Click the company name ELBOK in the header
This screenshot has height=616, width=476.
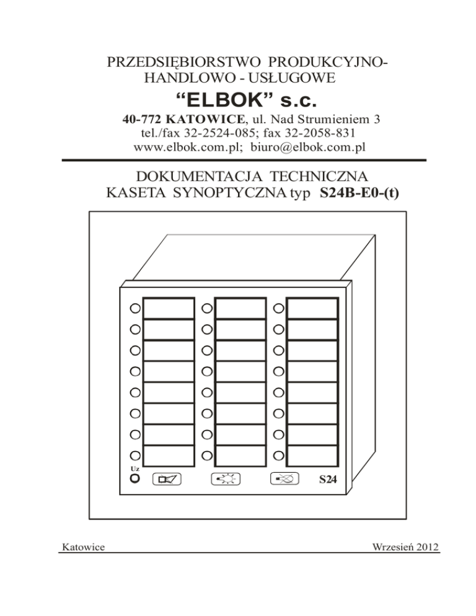coord(224,100)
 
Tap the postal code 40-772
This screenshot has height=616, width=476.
coord(142,119)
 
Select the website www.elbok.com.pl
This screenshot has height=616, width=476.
coord(187,147)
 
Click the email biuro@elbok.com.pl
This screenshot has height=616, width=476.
coord(308,147)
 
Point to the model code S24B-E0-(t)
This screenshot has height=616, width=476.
coord(359,193)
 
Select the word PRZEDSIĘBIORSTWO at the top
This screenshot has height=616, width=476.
coord(183,62)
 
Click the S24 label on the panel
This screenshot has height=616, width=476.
coord(328,479)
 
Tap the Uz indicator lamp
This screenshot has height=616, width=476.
coord(135,478)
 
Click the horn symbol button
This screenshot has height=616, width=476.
coord(167,479)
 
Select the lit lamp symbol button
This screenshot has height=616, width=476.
coord(226,479)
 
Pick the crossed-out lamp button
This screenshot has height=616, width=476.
coord(284,478)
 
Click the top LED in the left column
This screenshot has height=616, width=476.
coord(135,309)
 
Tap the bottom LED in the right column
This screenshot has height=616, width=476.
coord(278,455)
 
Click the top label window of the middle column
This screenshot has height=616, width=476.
coord(240,309)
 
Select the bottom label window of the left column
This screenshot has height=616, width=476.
coord(169,455)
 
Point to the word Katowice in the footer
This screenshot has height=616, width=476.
coord(83,547)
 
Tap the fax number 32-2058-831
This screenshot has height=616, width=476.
coord(320,133)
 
